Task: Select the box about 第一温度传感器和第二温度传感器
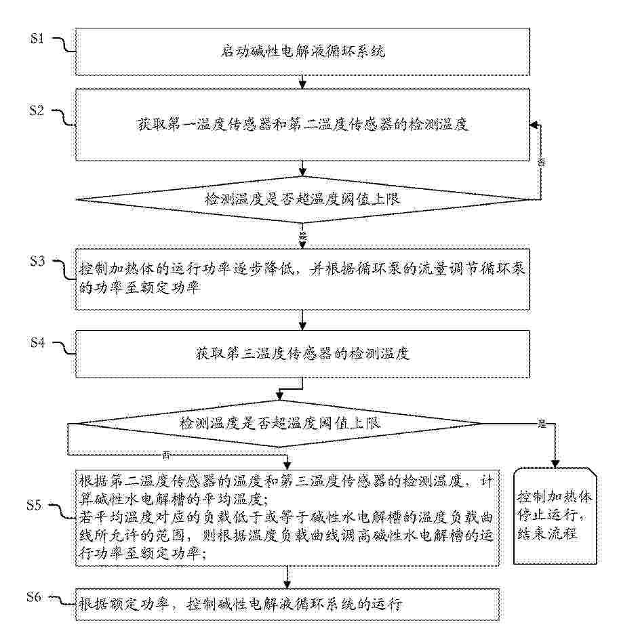(x=302, y=125)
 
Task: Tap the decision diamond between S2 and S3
(x=302, y=199)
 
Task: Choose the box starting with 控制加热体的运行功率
(x=302, y=279)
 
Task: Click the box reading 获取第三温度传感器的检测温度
(x=302, y=354)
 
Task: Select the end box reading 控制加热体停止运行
(x=555, y=514)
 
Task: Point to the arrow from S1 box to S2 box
(x=302, y=82)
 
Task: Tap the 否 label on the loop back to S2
(x=541, y=163)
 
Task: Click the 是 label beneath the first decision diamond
(x=302, y=235)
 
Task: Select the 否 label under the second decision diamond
(x=165, y=453)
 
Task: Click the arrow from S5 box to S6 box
(x=288, y=576)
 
